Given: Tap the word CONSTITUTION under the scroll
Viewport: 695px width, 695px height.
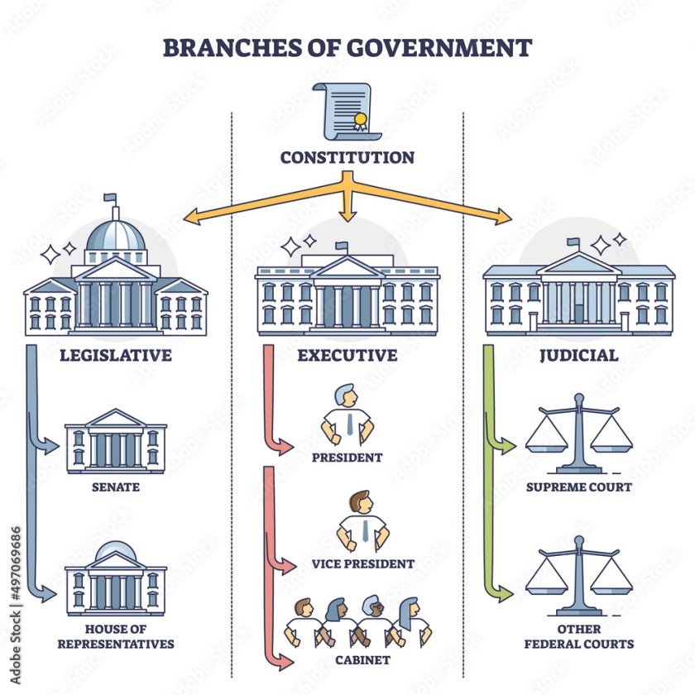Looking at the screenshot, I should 347,157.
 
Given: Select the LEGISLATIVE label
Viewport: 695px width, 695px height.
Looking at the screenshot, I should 116,356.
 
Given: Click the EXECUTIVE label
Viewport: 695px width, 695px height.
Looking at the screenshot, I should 347,356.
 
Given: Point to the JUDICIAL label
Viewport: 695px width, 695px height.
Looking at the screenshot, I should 579,356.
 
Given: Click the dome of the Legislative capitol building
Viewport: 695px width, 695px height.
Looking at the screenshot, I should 115,236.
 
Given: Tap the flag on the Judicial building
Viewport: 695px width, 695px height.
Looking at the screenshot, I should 573,243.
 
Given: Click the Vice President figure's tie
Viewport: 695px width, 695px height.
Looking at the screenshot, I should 364,530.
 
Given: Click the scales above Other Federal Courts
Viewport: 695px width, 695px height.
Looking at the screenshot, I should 579,575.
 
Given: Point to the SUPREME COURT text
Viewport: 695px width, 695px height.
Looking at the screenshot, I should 579,487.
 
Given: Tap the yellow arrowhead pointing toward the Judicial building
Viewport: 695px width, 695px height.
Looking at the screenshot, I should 503,218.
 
